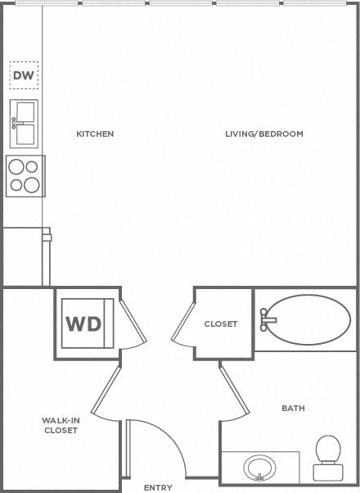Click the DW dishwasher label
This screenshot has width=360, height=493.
[x=24, y=75]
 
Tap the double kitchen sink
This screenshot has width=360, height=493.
[x=24, y=124]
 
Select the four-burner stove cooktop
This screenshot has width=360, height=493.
[x=25, y=176]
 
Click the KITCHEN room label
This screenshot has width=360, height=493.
[x=95, y=134]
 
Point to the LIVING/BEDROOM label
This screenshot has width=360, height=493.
[x=264, y=134]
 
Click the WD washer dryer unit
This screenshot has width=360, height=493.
[x=88, y=323]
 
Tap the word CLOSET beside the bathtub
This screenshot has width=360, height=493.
[x=221, y=323]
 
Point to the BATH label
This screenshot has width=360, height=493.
[x=293, y=409]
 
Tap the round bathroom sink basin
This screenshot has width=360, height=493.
[x=260, y=468]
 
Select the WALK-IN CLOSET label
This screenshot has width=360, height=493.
[x=61, y=425]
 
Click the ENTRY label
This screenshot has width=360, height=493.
[x=158, y=487]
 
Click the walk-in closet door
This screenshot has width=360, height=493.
[x=106, y=390]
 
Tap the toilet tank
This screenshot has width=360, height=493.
[x=328, y=473]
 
